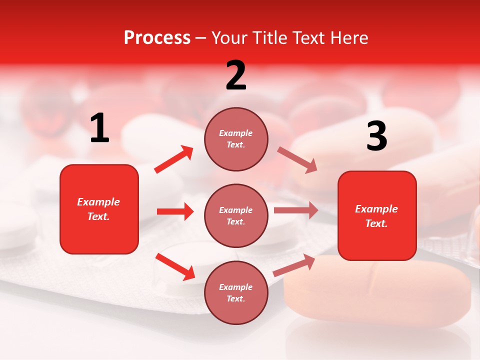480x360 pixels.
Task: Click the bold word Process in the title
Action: tap(157, 38)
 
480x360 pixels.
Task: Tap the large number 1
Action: tap(99, 128)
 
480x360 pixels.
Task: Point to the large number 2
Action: tap(236, 75)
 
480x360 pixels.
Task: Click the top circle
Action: tap(236, 139)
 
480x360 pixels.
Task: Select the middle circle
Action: tap(236, 216)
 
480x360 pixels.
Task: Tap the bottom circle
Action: tap(236, 293)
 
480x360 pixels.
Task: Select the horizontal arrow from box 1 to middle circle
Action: tap(175, 211)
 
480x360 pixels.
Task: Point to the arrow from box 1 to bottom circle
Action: tap(175, 266)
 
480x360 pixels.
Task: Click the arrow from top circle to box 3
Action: tap(297, 160)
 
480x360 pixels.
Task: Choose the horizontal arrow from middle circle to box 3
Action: tap(295, 210)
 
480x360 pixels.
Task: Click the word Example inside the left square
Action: tap(98, 202)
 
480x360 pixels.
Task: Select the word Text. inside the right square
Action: tap(376, 223)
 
